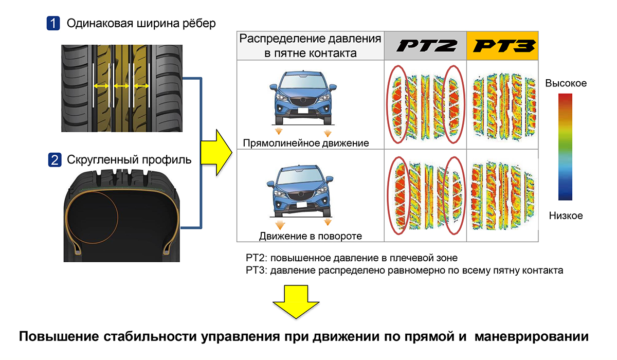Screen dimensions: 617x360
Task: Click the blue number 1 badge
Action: (x=53, y=23)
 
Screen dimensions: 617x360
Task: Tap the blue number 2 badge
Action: (x=55, y=160)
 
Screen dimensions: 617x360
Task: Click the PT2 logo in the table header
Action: (x=427, y=46)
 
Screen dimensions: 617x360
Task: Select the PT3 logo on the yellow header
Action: (x=504, y=46)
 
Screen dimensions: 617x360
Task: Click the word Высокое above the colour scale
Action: (x=566, y=83)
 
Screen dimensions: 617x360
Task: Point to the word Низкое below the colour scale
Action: (x=566, y=215)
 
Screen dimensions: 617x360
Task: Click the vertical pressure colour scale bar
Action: (x=565, y=147)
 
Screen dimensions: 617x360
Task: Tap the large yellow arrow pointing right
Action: (x=216, y=153)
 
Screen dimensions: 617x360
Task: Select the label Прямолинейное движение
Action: (x=306, y=143)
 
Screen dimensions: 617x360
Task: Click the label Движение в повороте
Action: (x=311, y=236)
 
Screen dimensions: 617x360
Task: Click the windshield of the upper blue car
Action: (x=302, y=81)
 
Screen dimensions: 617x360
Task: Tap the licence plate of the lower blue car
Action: (x=301, y=205)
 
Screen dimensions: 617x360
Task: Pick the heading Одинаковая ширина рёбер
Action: (x=141, y=24)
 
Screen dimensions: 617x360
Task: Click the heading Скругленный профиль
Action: (x=129, y=160)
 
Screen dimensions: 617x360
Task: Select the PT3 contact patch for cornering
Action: (x=503, y=195)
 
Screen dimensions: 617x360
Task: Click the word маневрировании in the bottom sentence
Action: (x=531, y=337)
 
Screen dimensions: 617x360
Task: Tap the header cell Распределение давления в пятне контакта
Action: (x=311, y=46)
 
